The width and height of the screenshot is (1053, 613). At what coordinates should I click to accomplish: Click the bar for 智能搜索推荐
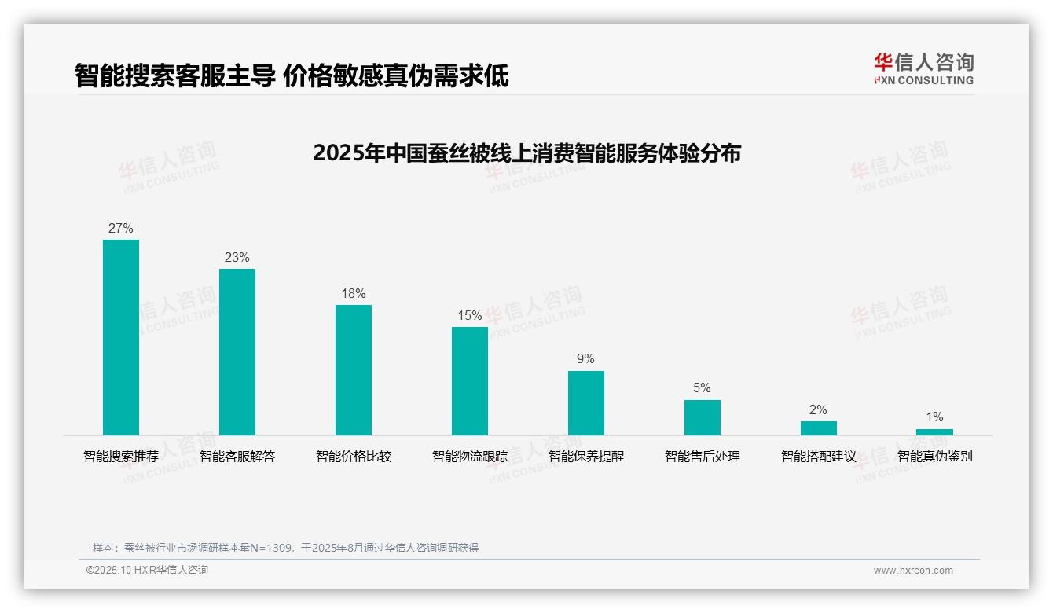(121, 337)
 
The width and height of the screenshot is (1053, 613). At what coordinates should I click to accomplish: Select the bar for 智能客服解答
(237, 352)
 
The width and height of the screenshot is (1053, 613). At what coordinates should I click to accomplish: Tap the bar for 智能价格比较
(354, 370)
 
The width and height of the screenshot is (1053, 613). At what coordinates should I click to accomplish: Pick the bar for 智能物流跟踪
(470, 381)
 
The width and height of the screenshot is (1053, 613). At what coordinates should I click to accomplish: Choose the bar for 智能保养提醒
(586, 403)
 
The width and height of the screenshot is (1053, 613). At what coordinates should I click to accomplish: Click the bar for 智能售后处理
(703, 417)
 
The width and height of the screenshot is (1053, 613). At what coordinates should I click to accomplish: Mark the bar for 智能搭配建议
(819, 428)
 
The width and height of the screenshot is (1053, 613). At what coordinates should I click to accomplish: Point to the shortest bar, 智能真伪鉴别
(934, 432)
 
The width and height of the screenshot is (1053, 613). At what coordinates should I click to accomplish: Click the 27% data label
(121, 229)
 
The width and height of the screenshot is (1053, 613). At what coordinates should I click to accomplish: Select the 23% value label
(237, 258)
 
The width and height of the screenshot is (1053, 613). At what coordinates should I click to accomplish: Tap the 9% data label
(586, 359)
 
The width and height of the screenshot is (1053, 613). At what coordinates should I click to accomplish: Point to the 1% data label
(934, 417)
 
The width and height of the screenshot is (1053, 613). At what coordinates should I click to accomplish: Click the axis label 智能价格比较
(354, 457)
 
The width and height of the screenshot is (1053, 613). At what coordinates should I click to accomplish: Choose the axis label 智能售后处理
(703, 457)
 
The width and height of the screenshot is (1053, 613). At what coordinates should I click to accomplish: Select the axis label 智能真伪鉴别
(934, 457)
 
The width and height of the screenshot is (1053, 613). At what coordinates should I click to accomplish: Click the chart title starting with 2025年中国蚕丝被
(526, 153)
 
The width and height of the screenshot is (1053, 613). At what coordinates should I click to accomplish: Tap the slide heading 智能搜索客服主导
(292, 75)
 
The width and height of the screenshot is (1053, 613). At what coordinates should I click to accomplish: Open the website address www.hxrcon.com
(913, 571)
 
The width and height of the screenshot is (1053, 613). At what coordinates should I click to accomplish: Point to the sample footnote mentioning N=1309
(285, 548)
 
